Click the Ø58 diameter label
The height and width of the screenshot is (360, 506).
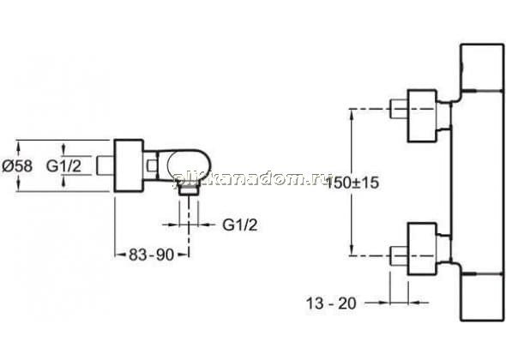(x=17, y=166)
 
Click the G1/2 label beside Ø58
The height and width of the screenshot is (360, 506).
(x=64, y=166)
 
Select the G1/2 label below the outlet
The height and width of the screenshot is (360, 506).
(x=240, y=225)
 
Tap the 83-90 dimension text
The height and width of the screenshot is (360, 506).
(x=151, y=255)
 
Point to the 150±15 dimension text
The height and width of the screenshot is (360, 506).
(x=352, y=183)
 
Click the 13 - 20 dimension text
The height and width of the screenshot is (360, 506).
(x=331, y=303)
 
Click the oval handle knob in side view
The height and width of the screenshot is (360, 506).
(x=189, y=166)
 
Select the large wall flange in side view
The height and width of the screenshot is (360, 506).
(x=129, y=165)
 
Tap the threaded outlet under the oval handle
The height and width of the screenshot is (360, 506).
(x=189, y=190)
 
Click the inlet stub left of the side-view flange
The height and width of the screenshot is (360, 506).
(x=105, y=165)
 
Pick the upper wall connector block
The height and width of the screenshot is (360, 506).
(x=422, y=116)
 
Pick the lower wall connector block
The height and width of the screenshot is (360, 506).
(x=422, y=249)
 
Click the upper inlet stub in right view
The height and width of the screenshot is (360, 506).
(x=399, y=110)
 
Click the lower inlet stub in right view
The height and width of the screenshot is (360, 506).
(x=399, y=256)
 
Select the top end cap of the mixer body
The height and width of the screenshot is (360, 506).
(x=482, y=67)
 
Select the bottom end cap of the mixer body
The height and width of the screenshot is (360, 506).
(x=482, y=297)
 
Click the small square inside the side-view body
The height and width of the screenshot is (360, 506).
(x=151, y=165)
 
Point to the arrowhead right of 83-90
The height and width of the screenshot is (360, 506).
(x=184, y=255)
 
